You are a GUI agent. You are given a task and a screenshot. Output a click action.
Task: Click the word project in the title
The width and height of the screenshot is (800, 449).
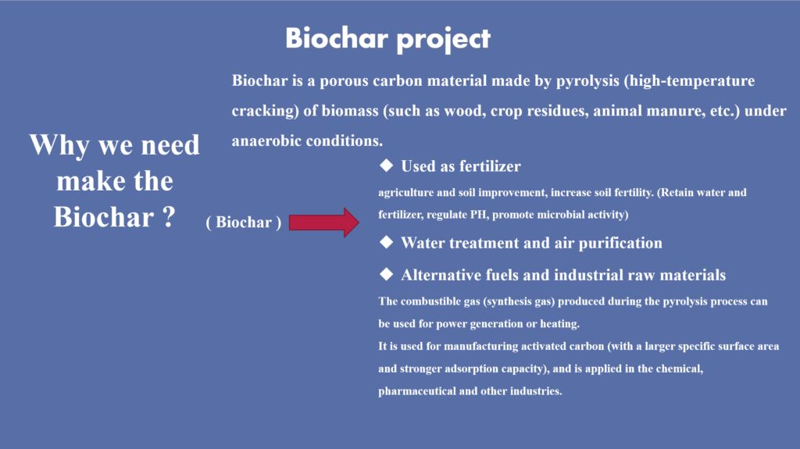point(444,40)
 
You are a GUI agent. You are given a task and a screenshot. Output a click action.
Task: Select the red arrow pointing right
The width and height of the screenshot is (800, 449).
point(324,223)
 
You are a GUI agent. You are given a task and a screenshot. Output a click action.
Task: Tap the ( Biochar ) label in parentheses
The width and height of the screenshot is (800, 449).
point(244,223)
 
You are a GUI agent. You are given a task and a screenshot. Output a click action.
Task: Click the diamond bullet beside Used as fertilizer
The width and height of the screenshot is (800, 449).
point(386,166)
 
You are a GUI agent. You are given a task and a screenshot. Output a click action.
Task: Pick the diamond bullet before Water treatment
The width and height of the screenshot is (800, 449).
point(386,242)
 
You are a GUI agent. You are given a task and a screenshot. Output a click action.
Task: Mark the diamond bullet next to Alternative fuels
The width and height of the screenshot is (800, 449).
point(386,275)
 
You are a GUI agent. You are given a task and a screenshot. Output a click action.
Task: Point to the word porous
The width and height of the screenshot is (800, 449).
point(344,81)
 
